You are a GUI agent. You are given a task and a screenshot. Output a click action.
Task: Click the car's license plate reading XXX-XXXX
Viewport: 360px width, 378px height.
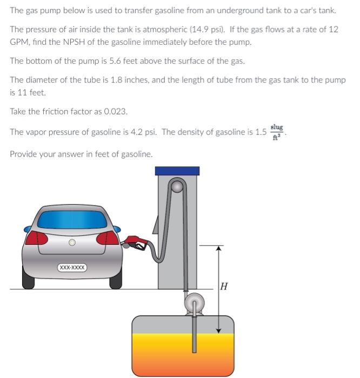[72, 267]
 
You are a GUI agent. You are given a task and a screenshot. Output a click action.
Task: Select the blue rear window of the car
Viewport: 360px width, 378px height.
[71, 220]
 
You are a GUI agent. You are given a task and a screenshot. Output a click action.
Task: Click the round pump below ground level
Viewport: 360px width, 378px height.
[193, 303]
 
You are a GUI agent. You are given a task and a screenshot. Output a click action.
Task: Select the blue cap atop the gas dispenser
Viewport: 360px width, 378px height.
[177, 171]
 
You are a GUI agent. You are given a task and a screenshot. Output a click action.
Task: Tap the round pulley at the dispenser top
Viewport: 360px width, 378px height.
[178, 187]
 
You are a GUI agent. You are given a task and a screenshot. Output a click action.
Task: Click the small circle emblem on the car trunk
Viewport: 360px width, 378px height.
[71, 243]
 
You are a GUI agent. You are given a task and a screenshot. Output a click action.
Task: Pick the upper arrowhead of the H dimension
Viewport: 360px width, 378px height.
[219, 248]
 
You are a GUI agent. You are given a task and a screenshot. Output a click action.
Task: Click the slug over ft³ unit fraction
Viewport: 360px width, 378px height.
[276, 131]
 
